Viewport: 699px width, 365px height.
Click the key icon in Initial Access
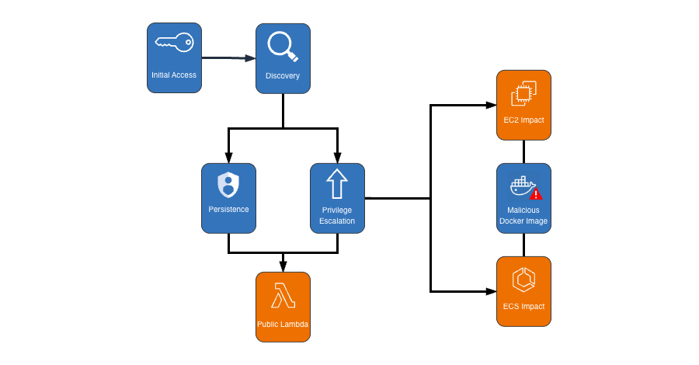[174, 43]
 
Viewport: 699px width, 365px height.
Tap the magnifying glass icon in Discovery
[283, 46]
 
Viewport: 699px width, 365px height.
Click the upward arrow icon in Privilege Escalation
[337, 185]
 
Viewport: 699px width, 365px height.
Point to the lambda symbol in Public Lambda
[283, 296]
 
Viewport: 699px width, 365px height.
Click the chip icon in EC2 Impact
[523, 94]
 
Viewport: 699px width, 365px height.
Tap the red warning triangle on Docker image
[535, 194]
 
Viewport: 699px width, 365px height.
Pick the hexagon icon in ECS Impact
[523, 280]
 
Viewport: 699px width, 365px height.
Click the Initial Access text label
[174, 75]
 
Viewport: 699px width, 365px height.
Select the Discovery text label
[283, 75]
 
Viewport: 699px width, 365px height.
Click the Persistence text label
[228, 210]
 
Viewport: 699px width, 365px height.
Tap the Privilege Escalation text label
[337, 215]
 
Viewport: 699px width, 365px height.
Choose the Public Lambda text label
[283, 323]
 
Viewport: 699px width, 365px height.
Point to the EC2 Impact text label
[523, 120]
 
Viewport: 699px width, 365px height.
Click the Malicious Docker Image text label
[523, 215]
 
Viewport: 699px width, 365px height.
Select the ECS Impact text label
[523, 306]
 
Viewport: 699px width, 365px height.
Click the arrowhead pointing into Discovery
[251, 58]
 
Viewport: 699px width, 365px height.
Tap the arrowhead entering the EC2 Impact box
[492, 105]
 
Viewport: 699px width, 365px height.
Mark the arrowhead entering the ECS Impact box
[492, 291]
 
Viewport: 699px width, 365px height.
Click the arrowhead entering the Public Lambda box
[283, 267]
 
